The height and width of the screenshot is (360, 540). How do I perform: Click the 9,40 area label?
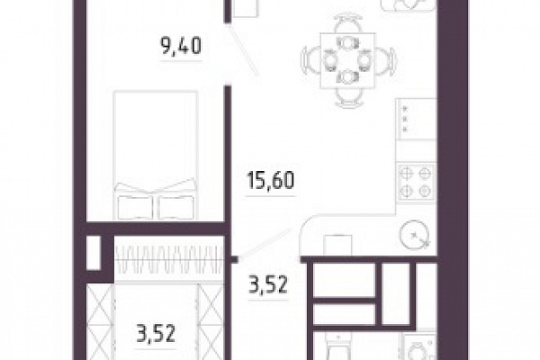click(x=181, y=47)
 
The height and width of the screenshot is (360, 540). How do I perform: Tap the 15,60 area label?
click(x=271, y=181)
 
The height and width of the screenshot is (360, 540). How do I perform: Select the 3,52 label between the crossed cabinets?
click(x=156, y=333)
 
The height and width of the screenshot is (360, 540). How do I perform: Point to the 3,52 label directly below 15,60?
click(x=268, y=284)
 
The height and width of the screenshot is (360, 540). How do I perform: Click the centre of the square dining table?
click(x=347, y=61)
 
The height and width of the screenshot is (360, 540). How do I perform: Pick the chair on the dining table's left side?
click(x=308, y=60)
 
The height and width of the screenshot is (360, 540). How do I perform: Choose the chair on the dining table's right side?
click(x=386, y=61)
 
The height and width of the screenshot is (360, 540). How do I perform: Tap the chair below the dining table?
click(x=349, y=97)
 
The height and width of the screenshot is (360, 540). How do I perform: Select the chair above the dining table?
click(x=348, y=23)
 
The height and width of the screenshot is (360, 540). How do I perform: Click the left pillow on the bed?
click(x=135, y=207)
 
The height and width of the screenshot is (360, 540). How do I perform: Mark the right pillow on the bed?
click(x=176, y=207)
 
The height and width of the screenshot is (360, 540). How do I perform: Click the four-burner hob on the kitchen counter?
click(x=416, y=182)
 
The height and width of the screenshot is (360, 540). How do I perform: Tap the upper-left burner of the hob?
click(x=407, y=174)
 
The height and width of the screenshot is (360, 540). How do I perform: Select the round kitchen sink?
click(x=415, y=235)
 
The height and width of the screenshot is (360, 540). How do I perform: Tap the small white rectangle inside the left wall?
click(x=94, y=253)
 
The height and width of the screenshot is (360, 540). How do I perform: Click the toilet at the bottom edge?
click(x=338, y=348)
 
